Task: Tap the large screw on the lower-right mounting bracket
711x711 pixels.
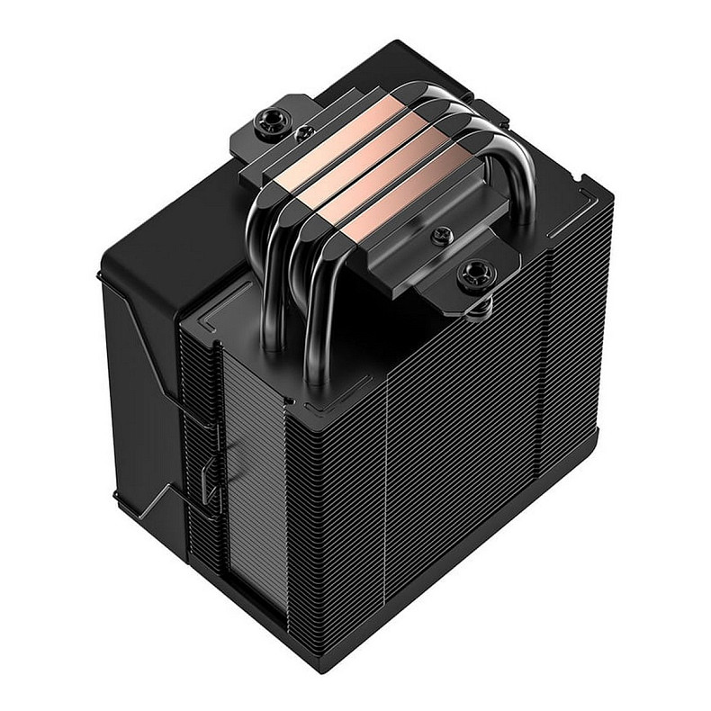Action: click(475, 274)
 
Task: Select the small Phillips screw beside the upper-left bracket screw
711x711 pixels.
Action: click(304, 133)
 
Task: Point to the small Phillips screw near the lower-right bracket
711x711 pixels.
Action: click(440, 236)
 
